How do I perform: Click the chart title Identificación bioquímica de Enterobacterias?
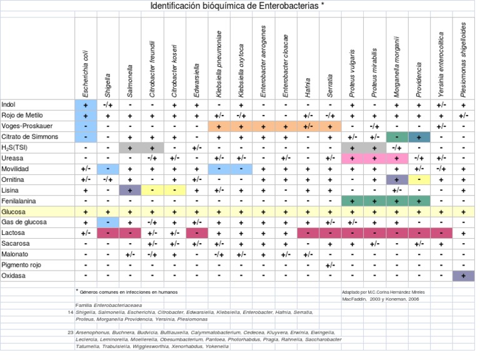237,6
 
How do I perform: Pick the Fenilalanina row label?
19,201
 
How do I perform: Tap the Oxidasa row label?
14,276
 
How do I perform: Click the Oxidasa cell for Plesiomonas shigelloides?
463,276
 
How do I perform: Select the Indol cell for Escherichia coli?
86,104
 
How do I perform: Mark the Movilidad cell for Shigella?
107,169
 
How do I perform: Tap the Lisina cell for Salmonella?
129,190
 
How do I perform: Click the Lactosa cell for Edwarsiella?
196,233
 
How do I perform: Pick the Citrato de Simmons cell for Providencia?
419,137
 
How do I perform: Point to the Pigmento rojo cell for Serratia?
329,265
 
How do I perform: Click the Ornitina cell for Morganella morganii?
396,179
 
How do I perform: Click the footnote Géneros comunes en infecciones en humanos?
129,292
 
